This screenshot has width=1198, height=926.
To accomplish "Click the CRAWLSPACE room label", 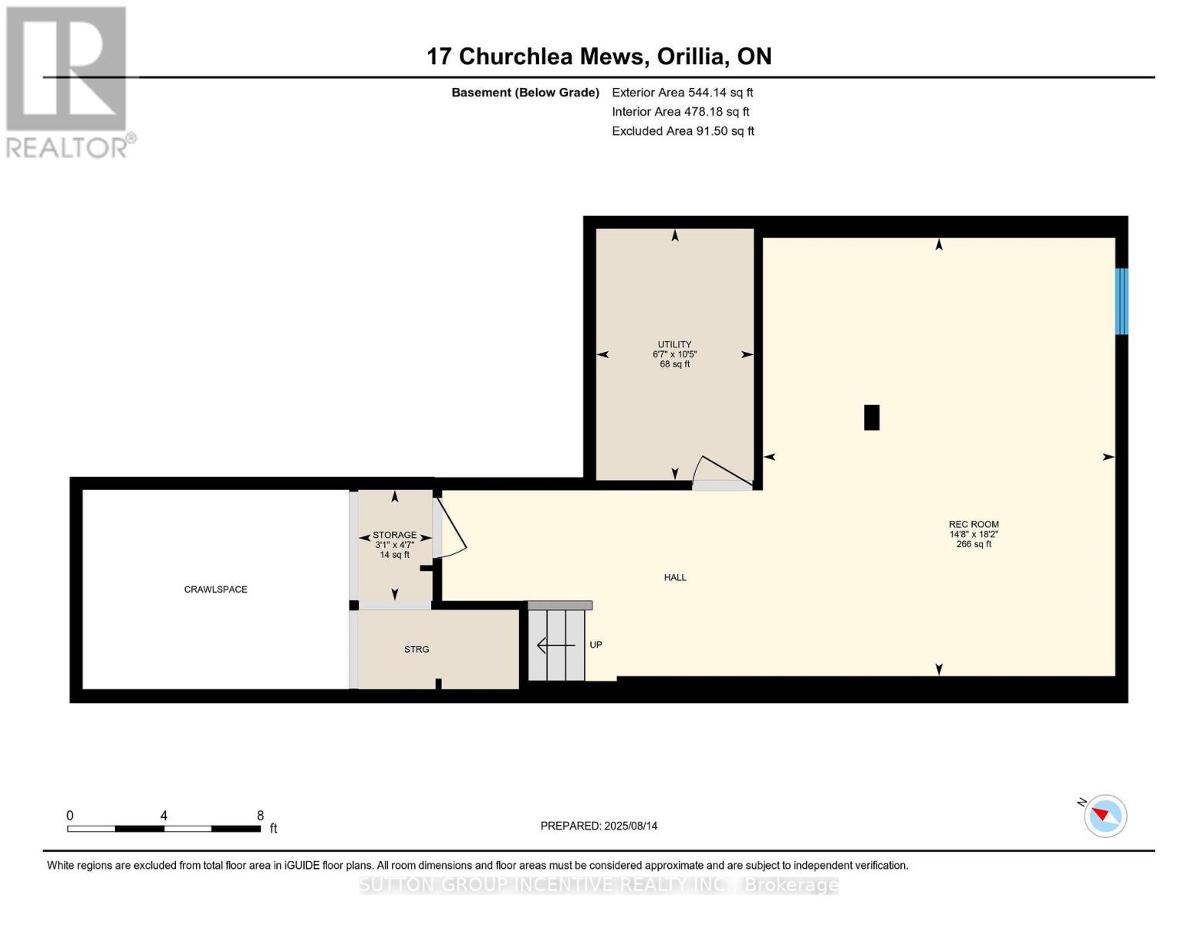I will [215, 590].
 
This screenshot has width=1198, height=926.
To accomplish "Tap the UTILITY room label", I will [674, 345].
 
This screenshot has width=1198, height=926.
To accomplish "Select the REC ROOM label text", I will [974, 525].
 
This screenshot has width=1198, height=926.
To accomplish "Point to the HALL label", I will [675, 577].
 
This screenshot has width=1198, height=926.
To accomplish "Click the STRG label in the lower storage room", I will [417, 650].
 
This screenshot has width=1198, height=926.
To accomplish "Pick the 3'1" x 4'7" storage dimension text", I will [395, 545].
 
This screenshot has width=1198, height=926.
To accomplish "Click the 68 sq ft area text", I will [674, 364].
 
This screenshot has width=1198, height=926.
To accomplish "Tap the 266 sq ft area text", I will [974, 544].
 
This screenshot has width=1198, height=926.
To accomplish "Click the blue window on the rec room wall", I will [1122, 301].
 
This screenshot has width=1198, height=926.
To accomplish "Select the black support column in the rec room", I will [872, 417].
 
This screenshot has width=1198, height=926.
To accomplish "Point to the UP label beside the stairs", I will [596, 645].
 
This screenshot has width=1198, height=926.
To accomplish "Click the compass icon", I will [1105, 816].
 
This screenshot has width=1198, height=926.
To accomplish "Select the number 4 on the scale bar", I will [164, 816].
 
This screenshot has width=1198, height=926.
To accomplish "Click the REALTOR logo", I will [68, 81].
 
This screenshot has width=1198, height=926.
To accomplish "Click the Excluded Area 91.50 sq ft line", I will [683, 131].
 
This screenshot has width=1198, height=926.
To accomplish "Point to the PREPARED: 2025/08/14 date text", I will [599, 826].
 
